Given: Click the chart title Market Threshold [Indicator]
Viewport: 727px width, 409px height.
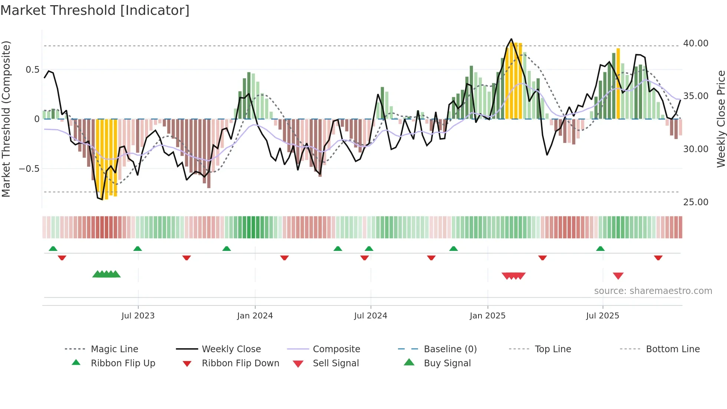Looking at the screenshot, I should click(x=95, y=10).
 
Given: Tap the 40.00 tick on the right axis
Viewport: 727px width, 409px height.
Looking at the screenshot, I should click(x=695, y=43).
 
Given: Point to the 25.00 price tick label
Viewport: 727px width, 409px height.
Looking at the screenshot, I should click(x=695, y=202).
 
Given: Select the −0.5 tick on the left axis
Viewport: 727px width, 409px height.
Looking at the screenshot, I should click(x=29, y=169).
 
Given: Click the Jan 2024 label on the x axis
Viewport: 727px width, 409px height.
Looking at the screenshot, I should click(x=255, y=316).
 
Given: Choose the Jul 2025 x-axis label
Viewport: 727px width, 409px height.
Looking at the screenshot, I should click(x=602, y=316).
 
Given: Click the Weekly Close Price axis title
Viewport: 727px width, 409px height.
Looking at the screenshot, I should click(x=721, y=119).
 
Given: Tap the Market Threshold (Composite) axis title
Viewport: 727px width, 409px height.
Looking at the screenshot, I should click(x=6, y=119).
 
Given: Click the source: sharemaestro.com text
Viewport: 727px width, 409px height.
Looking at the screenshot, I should click(x=653, y=291).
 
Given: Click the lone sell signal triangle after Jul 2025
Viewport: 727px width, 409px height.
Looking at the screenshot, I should click(x=618, y=276).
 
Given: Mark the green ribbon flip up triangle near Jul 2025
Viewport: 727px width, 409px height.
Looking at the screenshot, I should click(x=600, y=249).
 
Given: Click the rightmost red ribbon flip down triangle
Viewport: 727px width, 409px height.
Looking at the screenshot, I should click(x=658, y=258).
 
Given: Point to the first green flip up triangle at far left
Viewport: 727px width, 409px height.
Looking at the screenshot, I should click(x=53, y=249).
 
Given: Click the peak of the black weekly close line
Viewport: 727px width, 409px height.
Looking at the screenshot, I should click(x=511, y=39).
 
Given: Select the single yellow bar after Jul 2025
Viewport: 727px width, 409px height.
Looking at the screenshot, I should click(x=618, y=84).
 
